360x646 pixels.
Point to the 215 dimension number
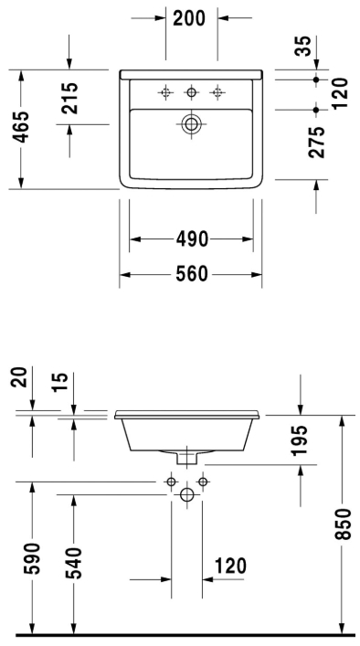tap(69, 98)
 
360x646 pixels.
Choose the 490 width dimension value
tap(191, 239)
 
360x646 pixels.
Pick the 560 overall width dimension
tap(191, 273)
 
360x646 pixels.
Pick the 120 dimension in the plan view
tap(340, 93)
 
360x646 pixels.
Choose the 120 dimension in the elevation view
tap(229, 567)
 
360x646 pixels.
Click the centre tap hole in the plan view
tap(191, 91)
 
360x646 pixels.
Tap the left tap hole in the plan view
tap(165, 91)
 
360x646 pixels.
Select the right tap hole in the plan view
tap(217, 91)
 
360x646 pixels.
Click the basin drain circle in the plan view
tap(191, 124)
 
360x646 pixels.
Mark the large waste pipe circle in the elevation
tap(187, 494)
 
